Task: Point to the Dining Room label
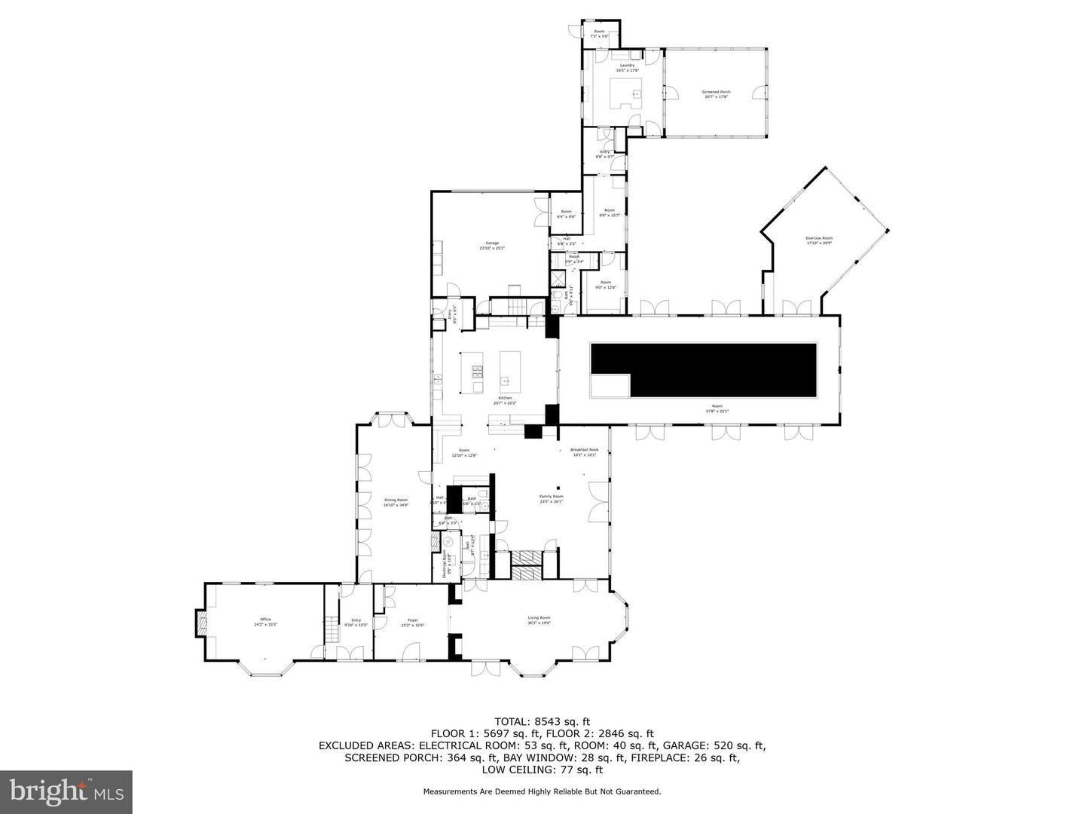click(396, 502)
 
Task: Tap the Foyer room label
click(412, 621)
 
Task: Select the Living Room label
click(539, 620)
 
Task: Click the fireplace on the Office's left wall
click(200, 623)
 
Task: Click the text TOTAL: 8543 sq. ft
click(542, 721)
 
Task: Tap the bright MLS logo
click(66, 791)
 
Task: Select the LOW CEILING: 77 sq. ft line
click(542, 770)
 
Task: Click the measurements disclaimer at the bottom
click(542, 791)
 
